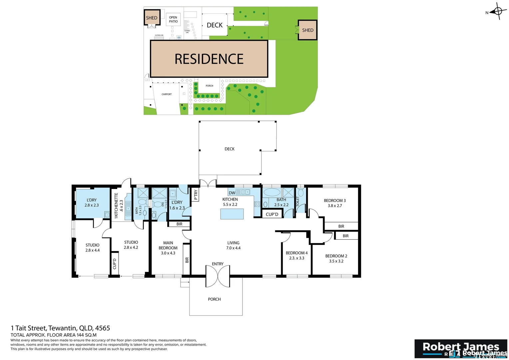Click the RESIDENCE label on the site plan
point(209,59)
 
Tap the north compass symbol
point(498,12)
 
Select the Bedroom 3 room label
point(335,201)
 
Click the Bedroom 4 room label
point(296,253)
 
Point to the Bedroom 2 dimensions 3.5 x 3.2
point(336,261)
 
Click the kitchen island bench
point(232,214)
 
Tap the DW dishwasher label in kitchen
point(232,193)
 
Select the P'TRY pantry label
point(196,194)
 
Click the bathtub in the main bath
point(272,193)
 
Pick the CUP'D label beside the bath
point(272,214)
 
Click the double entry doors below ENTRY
point(218,276)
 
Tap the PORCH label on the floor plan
point(214,299)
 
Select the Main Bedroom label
point(168,245)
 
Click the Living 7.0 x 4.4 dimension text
point(233,248)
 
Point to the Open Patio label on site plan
point(173,19)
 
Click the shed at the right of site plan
point(307,30)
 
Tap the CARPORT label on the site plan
point(167,94)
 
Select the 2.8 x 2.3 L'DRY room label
point(92,203)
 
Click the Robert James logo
point(461,349)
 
